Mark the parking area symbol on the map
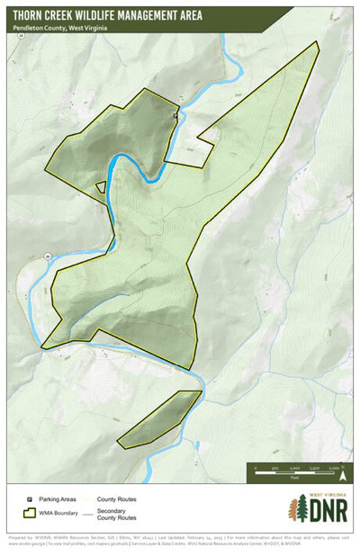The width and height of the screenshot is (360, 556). coord(175,116)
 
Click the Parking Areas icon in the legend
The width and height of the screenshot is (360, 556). coord(30,498)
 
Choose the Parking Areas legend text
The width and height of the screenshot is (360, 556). coord(56,498)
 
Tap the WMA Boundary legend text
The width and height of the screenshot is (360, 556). coord(58,515)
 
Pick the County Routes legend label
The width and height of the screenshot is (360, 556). coord(116,498)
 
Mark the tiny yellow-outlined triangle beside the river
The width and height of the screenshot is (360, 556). coord(101,187)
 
